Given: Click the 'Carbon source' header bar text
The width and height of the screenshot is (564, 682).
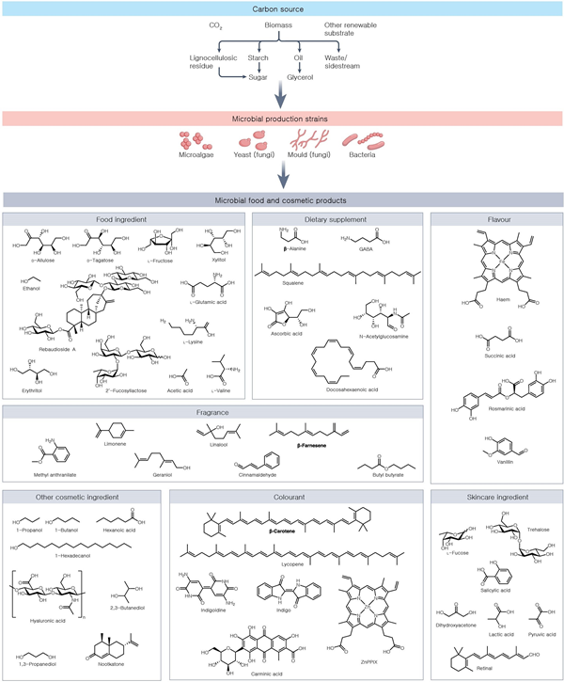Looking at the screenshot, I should click(283, 8).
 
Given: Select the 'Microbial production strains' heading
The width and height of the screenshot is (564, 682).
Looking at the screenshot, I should click(283, 119).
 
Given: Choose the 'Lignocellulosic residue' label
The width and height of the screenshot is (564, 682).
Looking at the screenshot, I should click(209, 63).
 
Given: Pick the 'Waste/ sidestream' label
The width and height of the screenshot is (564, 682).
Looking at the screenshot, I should click(351, 63).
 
